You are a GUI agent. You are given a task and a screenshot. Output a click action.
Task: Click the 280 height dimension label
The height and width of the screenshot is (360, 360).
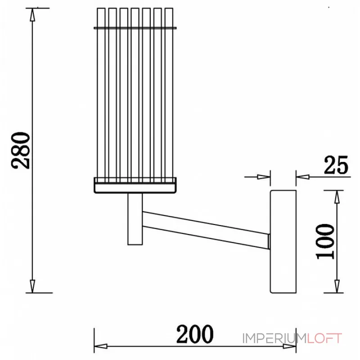[x=21, y=151]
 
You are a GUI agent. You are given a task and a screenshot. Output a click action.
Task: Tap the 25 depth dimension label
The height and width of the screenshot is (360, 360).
[x=336, y=165]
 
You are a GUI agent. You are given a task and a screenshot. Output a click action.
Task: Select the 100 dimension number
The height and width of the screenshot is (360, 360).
[x=325, y=242]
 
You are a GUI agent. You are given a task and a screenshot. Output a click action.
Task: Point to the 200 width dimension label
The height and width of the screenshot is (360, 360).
[x=195, y=334]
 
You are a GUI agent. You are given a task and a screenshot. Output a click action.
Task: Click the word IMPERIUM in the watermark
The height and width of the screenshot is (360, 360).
[x=274, y=338]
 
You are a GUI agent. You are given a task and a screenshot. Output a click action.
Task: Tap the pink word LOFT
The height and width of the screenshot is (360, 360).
[x=324, y=338]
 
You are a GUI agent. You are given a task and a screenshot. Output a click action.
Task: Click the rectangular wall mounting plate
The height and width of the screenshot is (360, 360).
[x=283, y=242]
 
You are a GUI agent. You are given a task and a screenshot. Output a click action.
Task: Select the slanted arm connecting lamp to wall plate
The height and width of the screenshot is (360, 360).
[x=206, y=230]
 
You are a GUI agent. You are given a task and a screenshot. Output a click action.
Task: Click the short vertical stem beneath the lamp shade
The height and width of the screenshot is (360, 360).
[x=135, y=219]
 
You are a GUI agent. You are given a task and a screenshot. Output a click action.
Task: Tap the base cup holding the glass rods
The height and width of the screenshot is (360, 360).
[x=135, y=185]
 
